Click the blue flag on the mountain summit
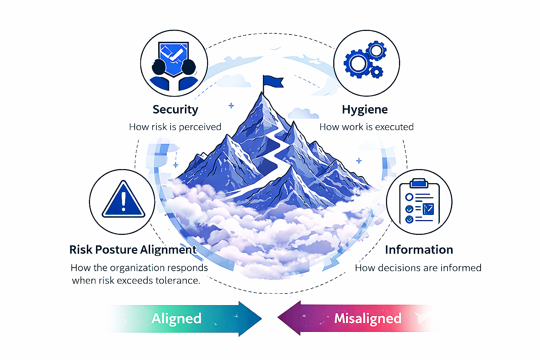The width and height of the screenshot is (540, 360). click(273, 82)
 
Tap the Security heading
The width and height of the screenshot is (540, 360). click(175, 109)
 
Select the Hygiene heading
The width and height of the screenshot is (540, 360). click(365, 109)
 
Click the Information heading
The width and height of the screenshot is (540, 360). click(419, 250)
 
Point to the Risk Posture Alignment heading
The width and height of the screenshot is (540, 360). click(133, 250)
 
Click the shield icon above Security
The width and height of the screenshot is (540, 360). click(174, 58)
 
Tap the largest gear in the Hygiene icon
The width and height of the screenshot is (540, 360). click(358, 64)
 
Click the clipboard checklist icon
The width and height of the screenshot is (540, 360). click(419, 203)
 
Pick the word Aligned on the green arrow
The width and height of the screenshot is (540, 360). click(176, 319)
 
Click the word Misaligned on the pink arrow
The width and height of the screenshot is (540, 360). click(368, 319)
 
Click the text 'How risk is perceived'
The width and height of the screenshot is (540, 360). click(175, 127)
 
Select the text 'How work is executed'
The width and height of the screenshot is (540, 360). click(366, 127)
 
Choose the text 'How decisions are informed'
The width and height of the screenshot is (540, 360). click(418, 268)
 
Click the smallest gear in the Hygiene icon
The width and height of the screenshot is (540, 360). click(377, 72)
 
